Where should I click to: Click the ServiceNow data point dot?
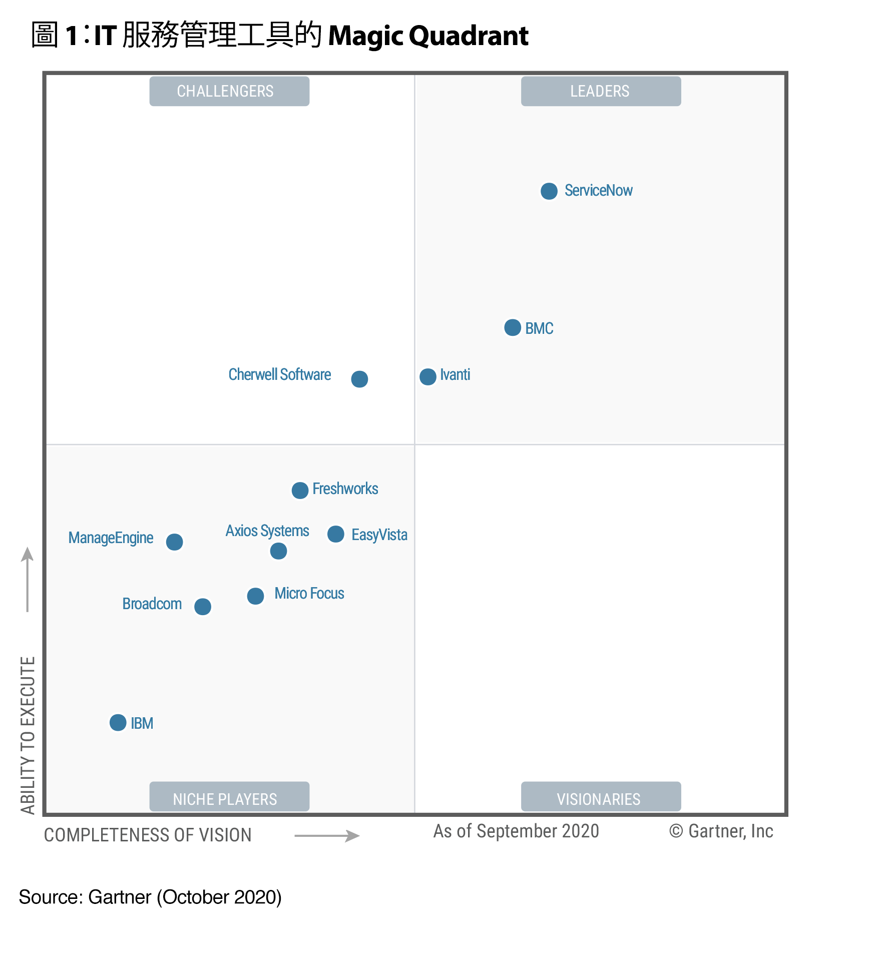pyautogui.click(x=549, y=191)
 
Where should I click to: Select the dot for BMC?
pyautogui.click(x=512, y=328)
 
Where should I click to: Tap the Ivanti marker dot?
pyautogui.click(x=427, y=376)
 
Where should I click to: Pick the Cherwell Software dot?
pyautogui.click(x=359, y=379)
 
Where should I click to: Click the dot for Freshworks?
pyautogui.click(x=299, y=490)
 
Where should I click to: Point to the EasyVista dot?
pyautogui.click(x=335, y=534)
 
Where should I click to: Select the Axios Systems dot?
pyautogui.click(x=278, y=551)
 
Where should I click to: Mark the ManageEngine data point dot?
pyautogui.click(x=174, y=542)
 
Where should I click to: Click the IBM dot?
pyautogui.click(x=118, y=723)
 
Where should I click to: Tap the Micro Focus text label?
pyautogui.click(x=309, y=594)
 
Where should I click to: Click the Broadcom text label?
pyautogui.click(x=152, y=604)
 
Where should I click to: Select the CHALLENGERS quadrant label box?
pyautogui.click(x=229, y=91)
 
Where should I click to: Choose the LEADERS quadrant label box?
pyautogui.click(x=601, y=91)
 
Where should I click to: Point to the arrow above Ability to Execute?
pyautogui.click(x=28, y=579)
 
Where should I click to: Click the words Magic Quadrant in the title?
pyautogui.click(x=428, y=36)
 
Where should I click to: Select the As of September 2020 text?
pyautogui.click(x=516, y=831)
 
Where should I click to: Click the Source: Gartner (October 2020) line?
pyautogui.click(x=150, y=897)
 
